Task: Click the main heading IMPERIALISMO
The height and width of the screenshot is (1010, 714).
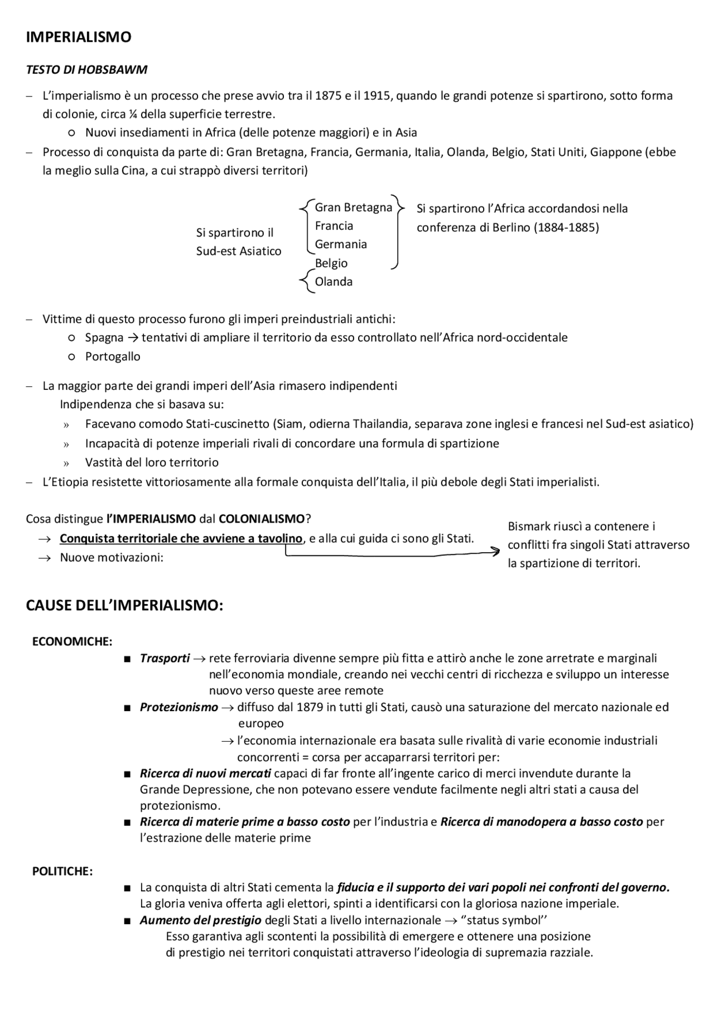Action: pyautogui.click(x=79, y=37)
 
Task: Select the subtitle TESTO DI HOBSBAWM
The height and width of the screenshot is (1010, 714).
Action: pyautogui.click(x=86, y=70)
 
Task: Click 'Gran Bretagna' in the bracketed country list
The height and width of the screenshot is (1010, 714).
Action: pyautogui.click(x=353, y=207)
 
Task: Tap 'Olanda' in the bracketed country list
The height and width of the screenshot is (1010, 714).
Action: pyautogui.click(x=334, y=282)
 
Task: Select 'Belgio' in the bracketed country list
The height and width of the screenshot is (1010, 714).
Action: pyautogui.click(x=331, y=263)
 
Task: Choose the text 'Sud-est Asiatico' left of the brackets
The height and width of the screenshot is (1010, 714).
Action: pyautogui.click(x=238, y=251)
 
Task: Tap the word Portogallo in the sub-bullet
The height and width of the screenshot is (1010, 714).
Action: pyautogui.click(x=113, y=356)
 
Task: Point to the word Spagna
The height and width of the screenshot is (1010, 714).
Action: pyautogui.click(x=104, y=337)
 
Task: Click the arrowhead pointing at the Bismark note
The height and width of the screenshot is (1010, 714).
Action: pyautogui.click(x=495, y=552)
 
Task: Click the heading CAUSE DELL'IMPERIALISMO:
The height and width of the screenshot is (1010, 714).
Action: pyautogui.click(x=124, y=606)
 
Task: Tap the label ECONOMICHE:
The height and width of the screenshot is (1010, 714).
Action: pyautogui.click(x=73, y=641)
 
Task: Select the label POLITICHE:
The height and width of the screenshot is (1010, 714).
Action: pyautogui.click(x=62, y=871)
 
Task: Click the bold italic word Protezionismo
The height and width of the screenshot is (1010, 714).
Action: pyautogui.click(x=178, y=707)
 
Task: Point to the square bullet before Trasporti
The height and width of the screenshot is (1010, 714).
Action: pyautogui.click(x=128, y=659)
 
